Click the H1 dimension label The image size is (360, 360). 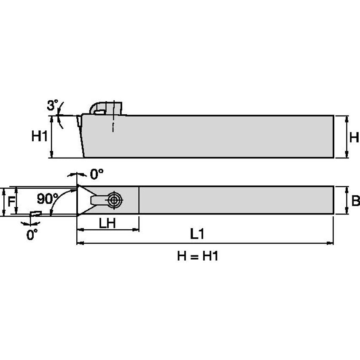(x=39, y=136)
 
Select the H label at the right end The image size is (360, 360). (x=354, y=137)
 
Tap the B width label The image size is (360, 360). (x=355, y=201)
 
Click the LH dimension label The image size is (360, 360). (x=107, y=223)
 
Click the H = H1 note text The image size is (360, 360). (x=197, y=256)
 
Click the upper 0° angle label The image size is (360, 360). (x=97, y=173)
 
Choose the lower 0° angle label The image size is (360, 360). (x=32, y=234)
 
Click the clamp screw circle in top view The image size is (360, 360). (x=114, y=200)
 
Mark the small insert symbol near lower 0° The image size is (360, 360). (x=35, y=214)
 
